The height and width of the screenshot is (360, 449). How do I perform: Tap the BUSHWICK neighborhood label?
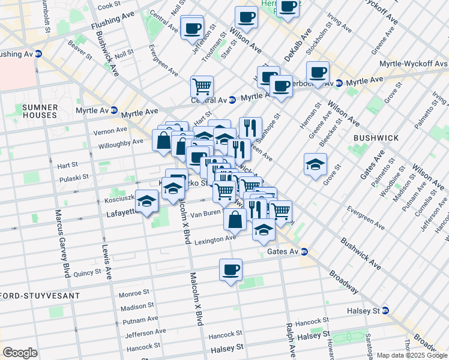coord(376,138)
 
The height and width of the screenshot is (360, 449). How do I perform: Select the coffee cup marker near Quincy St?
coord(230,270)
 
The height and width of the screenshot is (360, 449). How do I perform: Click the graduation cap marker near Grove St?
coord(315,165)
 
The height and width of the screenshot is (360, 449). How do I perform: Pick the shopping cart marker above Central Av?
coord(202,86)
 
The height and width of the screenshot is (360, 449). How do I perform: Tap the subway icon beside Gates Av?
coord(304,252)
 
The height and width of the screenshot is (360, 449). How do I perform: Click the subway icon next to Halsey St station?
coord(385,311)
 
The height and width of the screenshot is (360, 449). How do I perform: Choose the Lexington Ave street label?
coord(215,239)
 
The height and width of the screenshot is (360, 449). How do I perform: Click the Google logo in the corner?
coord(20,352)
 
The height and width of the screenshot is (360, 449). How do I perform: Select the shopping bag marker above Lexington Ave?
coord(235,220)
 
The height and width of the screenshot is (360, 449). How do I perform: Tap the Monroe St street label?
coord(133,293)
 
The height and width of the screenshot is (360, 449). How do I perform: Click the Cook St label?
coord(109,5)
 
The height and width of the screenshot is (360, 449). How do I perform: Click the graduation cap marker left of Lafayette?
coord(146,202)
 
